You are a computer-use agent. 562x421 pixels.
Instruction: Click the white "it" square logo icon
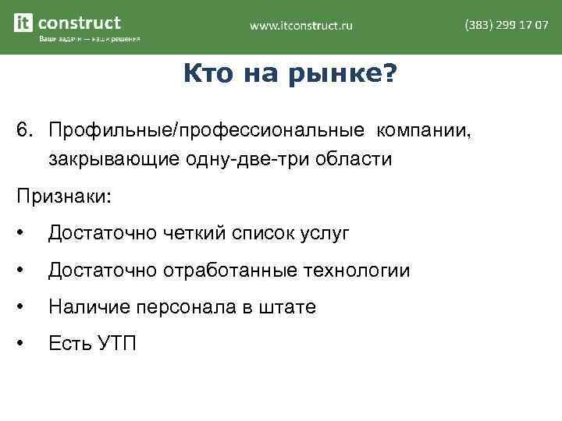point(23,23)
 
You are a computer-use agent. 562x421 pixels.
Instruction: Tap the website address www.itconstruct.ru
point(301,26)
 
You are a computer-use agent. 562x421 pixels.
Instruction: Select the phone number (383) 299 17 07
point(506,25)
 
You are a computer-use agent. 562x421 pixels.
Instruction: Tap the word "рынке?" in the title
point(350,76)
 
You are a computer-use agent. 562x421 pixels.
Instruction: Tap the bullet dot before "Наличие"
point(25,307)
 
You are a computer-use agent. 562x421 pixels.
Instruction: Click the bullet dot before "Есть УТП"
point(25,344)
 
